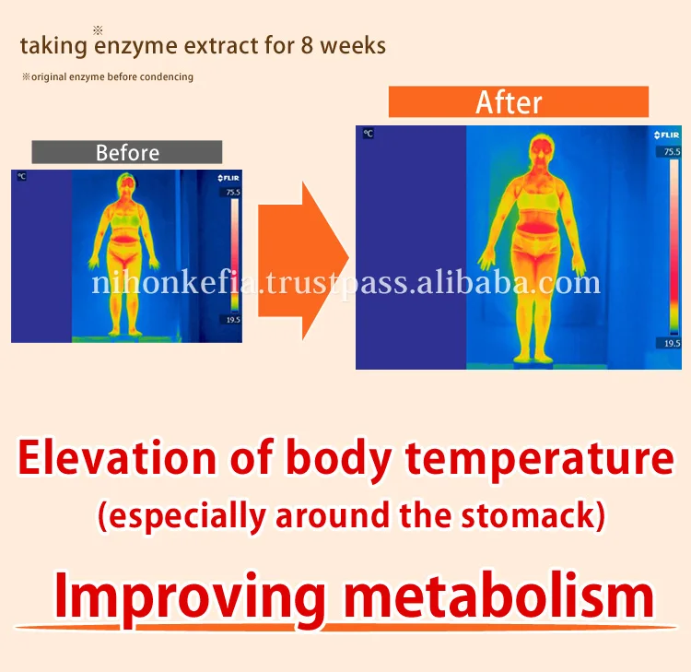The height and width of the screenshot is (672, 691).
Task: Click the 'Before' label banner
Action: pyautogui.click(x=127, y=152)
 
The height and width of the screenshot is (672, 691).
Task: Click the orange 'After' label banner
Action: pyautogui.click(x=518, y=102)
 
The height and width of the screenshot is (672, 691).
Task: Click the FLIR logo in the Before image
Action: pyautogui.click(x=228, y=177)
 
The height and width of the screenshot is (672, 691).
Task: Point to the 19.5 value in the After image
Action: pyautogui.click(x=672, y=343)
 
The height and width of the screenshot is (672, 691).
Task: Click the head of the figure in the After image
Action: pyautogui.click(x=540, y=152)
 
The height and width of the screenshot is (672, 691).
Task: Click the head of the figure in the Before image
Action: pyautogui.click(x=127, y=186)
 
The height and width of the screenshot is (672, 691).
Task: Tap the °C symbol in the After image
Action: pyautogui.click(x=368, y=134)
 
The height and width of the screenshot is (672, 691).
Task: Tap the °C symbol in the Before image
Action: pyautogui.click(x=20, y=176)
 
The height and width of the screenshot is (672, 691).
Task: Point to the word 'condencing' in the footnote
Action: pyautogui.click(x=166, y=77)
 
